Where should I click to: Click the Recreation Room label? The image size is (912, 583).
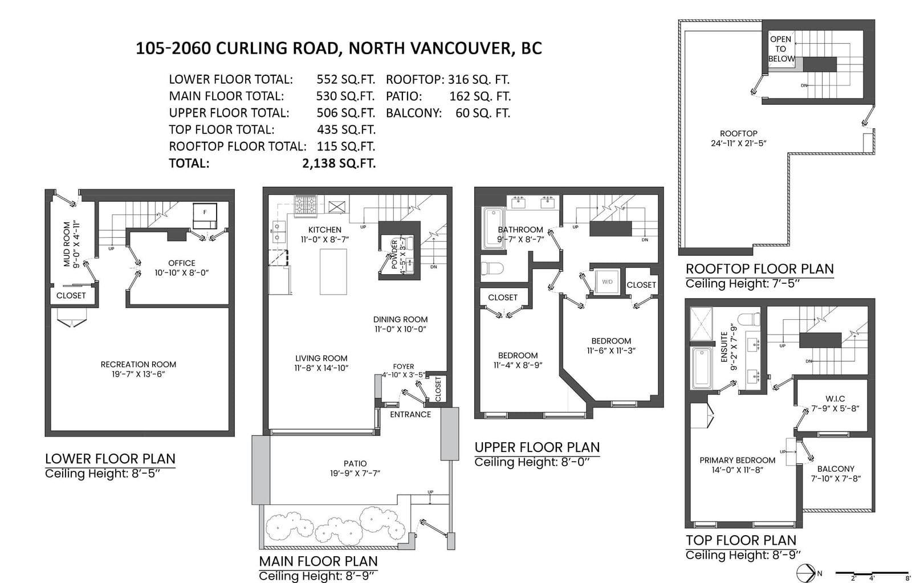[139, 364]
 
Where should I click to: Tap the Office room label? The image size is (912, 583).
[182, 263]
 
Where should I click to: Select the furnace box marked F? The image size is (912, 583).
[205, 216]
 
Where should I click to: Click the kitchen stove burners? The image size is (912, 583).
[306, 205]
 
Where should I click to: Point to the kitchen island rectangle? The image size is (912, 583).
[333, 271]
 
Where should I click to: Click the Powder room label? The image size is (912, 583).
[394, 254]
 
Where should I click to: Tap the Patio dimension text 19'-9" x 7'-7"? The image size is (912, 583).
[355, 474]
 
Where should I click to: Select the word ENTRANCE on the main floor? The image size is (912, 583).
[410, 414]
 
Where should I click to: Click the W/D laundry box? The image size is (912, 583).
[607, 282]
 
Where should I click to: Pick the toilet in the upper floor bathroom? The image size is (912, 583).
[492, 268]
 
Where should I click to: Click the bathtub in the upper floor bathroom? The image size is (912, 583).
[494, 228]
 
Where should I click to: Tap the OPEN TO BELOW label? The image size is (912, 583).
[781, 49]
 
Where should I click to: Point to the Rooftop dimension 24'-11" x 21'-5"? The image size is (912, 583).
[739, 143]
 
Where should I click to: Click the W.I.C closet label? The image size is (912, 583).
[835, 398]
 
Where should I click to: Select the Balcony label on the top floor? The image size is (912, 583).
[836, 469]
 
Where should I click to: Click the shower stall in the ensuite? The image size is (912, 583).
[702, 324]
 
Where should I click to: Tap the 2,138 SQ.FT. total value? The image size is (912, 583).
[339, 163]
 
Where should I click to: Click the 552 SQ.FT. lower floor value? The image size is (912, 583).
[345, 79]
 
